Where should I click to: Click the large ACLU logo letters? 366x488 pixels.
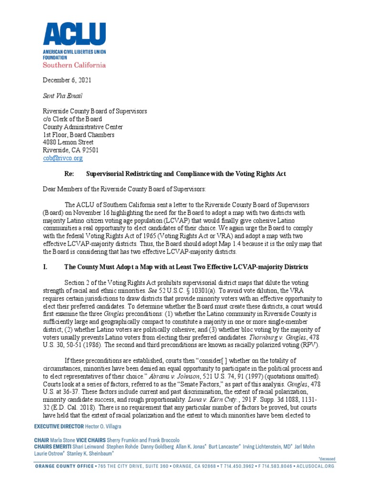coord(74,34)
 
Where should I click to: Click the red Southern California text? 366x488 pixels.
coord(74,64)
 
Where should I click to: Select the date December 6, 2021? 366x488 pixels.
coord(67,81)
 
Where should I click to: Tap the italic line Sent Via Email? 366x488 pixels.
coord(62,96)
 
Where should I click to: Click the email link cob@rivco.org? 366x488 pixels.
coord(63,158)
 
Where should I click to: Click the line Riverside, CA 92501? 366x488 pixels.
coord(71,150)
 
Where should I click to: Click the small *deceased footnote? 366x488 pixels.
coord(326,459)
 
